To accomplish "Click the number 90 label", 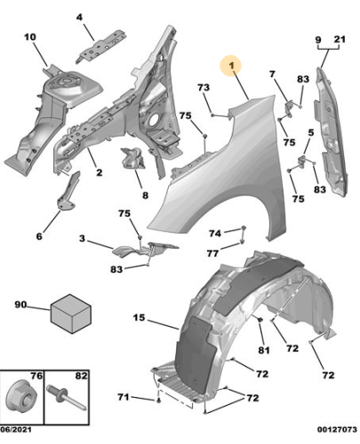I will coord(20,305).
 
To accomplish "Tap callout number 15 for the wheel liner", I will coord(139,317).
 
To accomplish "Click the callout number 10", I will coord(29,36).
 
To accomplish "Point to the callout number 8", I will coord(144,194).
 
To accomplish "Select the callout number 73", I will coord(203,87).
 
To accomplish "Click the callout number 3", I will coord(82,239).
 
